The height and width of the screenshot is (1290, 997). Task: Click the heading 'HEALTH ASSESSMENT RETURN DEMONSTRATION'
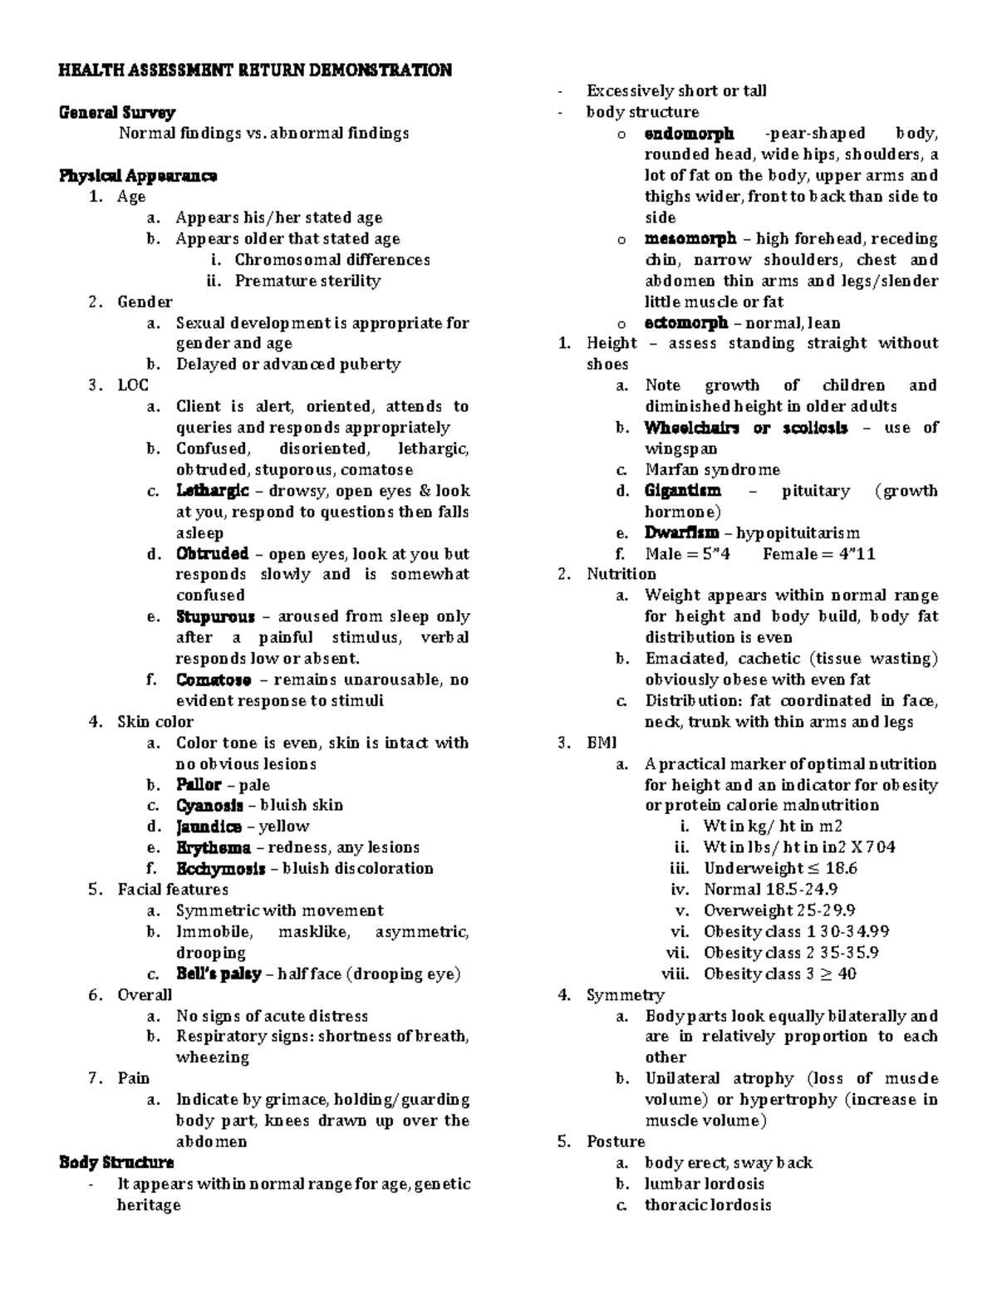[254, 70]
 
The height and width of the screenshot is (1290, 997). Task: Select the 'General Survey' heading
[116, 112]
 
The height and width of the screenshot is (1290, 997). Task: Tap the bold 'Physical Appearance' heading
[137, 175]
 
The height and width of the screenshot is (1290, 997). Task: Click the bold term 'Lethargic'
[212, 491]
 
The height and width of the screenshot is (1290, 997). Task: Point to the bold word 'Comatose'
[213, 679]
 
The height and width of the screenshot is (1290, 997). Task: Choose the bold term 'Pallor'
[198, 785]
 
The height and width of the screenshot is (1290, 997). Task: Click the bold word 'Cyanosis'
[209, 806]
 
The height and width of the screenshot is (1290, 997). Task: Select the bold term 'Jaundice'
[209, 826]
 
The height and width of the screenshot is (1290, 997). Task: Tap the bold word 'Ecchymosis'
[220, 869]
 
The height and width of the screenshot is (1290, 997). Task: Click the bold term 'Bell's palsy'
[218, 974]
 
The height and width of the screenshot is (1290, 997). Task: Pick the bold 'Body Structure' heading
[115, 1162]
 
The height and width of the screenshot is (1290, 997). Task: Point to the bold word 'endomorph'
[689, 134]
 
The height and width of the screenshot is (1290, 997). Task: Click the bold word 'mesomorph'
[690, 238]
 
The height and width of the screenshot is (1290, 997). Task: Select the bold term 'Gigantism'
[682, 491]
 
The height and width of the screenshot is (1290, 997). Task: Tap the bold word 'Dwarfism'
[681, 532]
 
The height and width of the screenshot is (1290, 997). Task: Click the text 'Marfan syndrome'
[712, 469]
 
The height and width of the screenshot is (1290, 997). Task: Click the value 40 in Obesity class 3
[847, 974]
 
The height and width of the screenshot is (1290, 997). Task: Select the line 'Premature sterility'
[307, 280]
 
